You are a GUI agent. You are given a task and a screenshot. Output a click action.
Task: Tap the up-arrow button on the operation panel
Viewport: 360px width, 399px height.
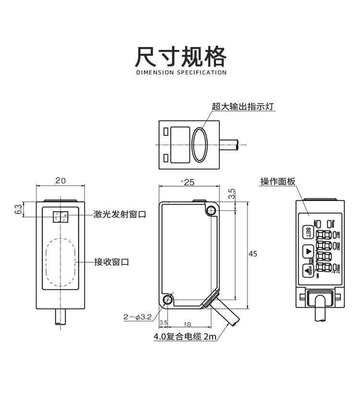(x=308, y=251)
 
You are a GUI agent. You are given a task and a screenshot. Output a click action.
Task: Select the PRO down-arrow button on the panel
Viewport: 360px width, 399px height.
(x=308, y=270)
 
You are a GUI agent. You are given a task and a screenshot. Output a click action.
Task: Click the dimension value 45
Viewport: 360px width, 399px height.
(x=253, y=254)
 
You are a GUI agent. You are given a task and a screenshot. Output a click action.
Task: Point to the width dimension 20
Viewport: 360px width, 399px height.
(x=60, y=181)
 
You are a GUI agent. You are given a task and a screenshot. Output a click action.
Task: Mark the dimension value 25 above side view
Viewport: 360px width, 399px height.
(x=189, y=182)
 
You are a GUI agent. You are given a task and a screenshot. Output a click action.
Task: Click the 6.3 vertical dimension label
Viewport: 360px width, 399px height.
(x=18, y=209)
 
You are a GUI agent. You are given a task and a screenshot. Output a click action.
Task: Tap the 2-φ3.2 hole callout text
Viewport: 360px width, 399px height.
(x=138, y=317)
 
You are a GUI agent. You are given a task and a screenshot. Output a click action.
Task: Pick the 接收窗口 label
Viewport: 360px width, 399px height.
(x=111, y=262)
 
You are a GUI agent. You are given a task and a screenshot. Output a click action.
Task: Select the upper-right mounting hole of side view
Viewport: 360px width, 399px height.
(x=211, y=210)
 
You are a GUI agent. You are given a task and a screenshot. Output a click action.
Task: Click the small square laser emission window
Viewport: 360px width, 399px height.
(x=60, y=217)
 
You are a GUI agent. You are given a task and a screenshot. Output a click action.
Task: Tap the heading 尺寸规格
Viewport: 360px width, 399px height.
(x=180, y=57)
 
